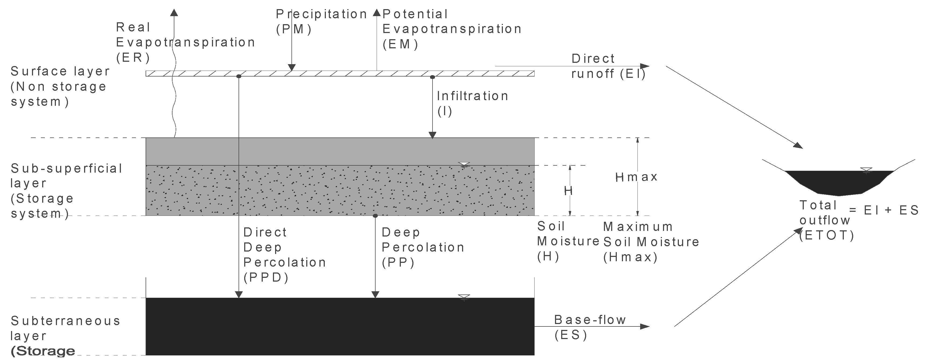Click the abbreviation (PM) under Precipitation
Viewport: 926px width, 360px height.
(x=294, y=29)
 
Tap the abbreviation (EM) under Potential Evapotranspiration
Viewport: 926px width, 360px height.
(x=400, y=44)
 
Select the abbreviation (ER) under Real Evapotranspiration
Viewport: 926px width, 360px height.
(x=133, y=57)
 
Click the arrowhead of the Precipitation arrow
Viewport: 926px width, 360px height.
(x=291, y=68)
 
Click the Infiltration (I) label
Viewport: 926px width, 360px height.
(x=472, y=103)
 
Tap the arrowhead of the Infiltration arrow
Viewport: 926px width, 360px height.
(x=433, y=135)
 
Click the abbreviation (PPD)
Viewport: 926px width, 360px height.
(x=266, y=278)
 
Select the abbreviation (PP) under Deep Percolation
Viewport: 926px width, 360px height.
(x=398, y=263)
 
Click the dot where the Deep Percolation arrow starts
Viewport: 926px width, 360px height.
(x=375, y=216)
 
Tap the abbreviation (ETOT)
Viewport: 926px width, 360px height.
(x=826, y=235)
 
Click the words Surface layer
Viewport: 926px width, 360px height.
(x=60, y=71)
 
